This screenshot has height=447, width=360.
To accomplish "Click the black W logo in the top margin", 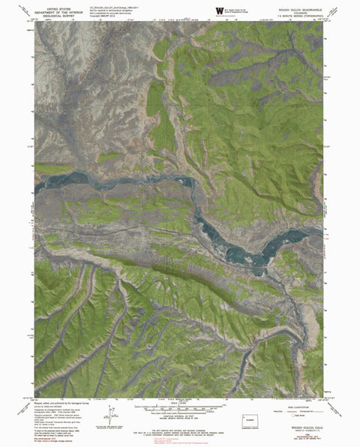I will (x=219, y=10).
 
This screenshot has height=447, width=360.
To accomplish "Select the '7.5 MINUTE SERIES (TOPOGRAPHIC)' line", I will (x=298, y=17).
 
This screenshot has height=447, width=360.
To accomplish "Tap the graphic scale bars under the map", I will (x=178, y=411).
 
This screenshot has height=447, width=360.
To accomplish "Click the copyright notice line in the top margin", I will (x=107, y=19).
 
